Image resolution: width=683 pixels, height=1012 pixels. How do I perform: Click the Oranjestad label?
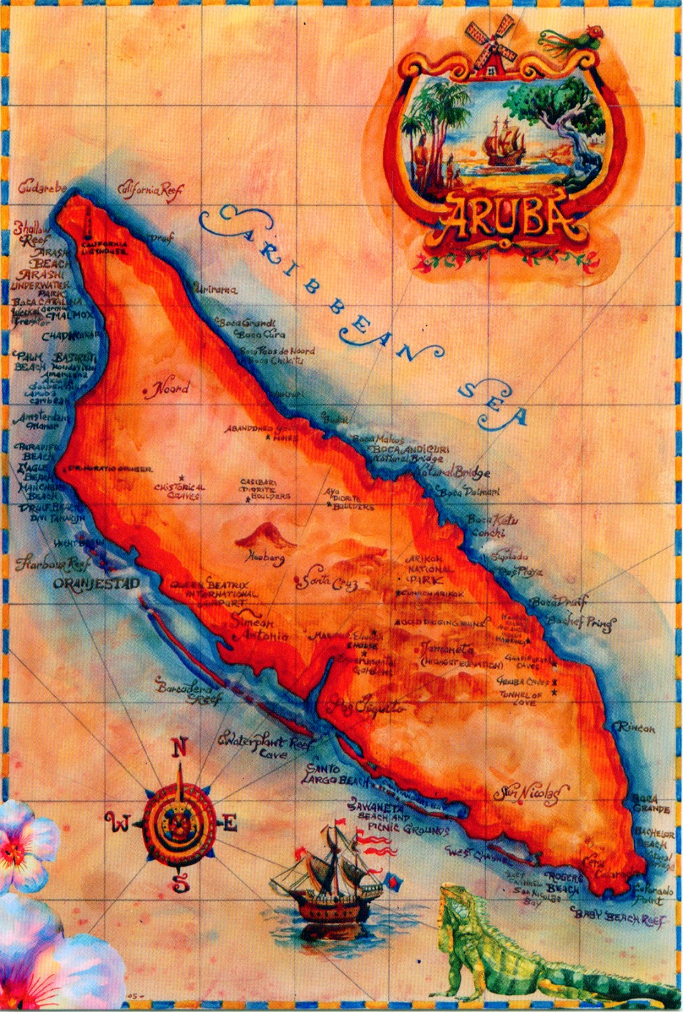(96, 583)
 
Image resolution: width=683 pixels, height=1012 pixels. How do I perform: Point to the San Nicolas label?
(531, 793)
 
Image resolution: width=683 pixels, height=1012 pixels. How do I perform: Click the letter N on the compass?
(180, 748)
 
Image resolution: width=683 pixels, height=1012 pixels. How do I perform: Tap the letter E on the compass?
(229, 823)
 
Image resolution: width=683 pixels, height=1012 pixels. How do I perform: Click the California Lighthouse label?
(105, 248)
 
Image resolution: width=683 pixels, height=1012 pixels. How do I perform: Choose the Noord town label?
(168, 389)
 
